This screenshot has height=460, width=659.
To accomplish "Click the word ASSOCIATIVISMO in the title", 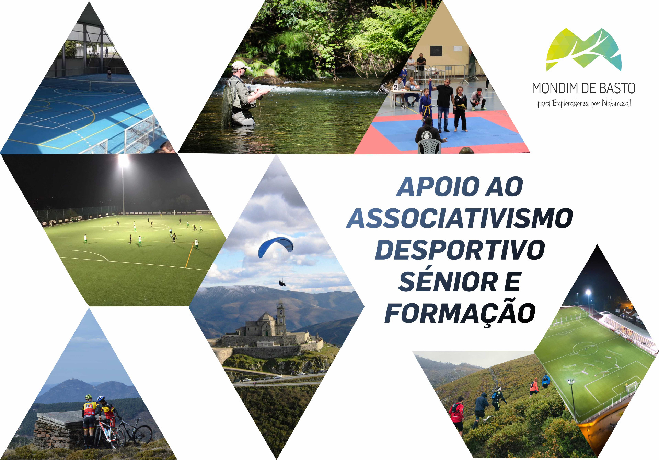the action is [x=460, y=218].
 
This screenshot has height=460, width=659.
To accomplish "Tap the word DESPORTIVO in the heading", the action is [x=460, y=250].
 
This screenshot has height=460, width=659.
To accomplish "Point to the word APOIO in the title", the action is [x=438, y=187].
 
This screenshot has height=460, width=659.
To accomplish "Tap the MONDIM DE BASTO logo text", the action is [x=583, y=88].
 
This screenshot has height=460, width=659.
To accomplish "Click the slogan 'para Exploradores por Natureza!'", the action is [x=584, y=103].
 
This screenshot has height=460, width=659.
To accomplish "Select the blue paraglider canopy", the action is [x=276, y=245].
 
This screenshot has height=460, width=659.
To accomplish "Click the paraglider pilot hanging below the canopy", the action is [x=282, y=283].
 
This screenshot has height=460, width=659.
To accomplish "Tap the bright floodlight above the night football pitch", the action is [x=123, y=161].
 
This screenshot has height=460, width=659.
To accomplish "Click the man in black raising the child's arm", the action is [x=444, y=105].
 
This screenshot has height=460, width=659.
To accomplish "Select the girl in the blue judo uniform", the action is [x=426, y=105].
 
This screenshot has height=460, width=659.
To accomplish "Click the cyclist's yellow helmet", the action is [x=89, y=397].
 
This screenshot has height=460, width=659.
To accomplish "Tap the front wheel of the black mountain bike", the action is [x=142, y=435].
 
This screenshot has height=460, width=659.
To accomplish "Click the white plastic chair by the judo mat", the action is [x=429, y=146].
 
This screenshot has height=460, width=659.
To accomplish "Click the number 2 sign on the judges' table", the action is [x=396, y=87].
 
